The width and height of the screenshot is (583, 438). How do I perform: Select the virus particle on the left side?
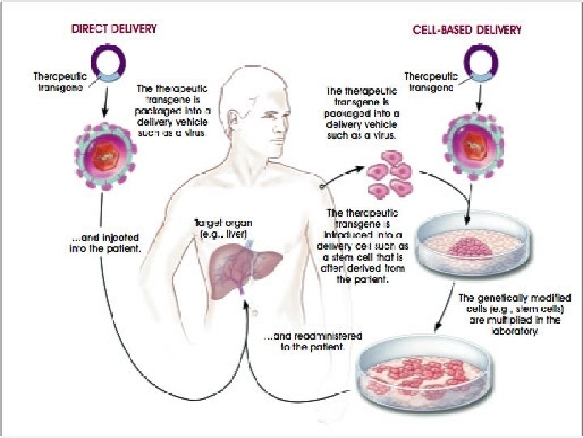(x=106, y=154)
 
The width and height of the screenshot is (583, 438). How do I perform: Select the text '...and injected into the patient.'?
(x=105, y=243)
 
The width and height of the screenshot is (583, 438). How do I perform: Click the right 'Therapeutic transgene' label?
(x=430, y=82)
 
